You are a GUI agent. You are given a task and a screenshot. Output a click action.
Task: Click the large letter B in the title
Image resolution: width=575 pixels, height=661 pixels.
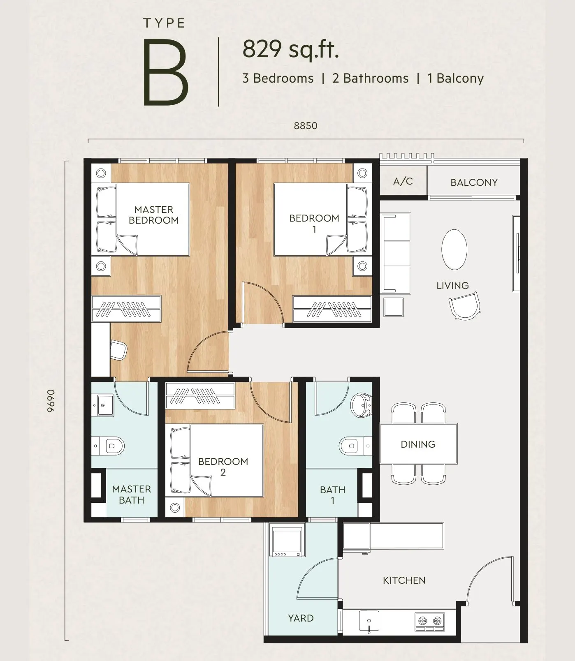[x=165, y=72]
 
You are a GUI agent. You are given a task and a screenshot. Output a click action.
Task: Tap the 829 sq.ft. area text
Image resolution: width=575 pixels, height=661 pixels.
[x=290, y=49]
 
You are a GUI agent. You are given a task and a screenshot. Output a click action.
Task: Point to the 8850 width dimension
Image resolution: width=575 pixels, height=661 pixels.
[x=306, y=126]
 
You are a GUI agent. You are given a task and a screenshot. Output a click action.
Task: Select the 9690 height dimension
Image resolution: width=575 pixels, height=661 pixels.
[x=51, y=401]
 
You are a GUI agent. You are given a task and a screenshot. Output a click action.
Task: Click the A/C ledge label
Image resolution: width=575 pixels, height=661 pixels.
[x=403, y=181]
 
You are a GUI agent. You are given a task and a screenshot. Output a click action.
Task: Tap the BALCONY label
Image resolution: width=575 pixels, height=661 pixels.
[x=474, y=183]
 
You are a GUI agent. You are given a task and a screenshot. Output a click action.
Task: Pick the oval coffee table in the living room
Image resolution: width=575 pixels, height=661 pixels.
[x=454, y=250]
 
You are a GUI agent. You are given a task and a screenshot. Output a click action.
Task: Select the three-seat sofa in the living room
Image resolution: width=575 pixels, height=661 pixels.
[x=396, y=253]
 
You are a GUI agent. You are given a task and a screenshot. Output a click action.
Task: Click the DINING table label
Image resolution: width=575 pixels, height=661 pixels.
[x=418, y=444]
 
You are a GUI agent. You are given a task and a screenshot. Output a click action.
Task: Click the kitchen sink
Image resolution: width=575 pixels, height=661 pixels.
[x=369, y=621]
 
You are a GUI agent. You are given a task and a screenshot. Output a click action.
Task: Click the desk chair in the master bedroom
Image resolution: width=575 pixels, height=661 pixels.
[x=118, y=350]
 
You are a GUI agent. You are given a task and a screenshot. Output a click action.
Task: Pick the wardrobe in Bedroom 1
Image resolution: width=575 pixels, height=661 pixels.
[x=332, y=309]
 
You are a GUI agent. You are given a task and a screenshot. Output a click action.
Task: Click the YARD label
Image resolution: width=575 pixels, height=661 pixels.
[x=301, y=618]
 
